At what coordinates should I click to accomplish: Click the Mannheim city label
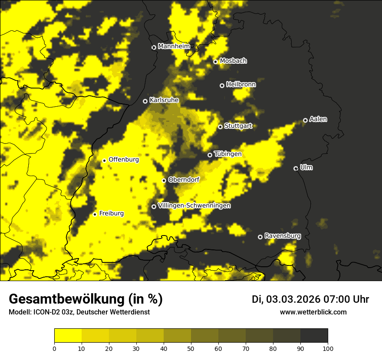174,46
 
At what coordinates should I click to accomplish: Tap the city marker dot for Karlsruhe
145,101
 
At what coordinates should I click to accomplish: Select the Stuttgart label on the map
238,126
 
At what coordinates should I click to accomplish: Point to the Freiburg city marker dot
95,214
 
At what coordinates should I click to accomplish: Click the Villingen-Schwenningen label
194,206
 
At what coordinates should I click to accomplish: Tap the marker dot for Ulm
296,168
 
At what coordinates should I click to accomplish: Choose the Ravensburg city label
283,236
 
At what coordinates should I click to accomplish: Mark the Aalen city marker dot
305,120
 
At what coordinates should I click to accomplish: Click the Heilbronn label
241,85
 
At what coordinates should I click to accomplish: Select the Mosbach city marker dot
215,62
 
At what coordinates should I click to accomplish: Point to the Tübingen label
227,154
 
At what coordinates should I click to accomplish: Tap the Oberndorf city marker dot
164,180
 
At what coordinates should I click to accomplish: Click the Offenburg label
124,160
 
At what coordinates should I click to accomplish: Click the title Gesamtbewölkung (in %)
86,299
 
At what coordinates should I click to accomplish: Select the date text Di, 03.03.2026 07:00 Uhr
310,299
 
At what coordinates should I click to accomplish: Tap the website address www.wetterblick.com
313,312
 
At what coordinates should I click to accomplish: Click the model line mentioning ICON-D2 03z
79,312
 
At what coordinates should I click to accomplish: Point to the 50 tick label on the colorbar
191,348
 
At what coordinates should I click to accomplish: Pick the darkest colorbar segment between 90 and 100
314,336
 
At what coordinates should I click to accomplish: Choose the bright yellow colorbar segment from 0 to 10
68,336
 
